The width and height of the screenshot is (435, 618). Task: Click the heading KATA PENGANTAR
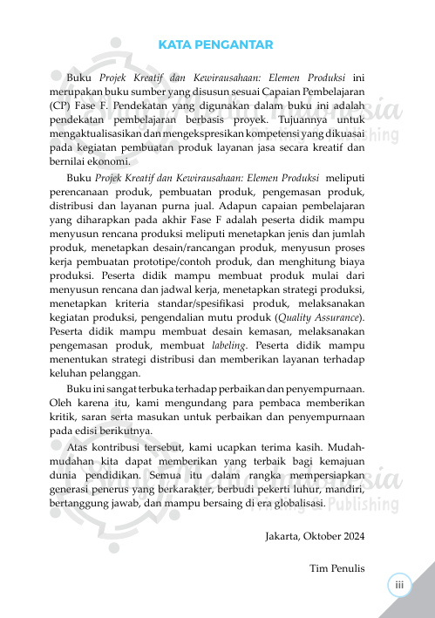(217, 45)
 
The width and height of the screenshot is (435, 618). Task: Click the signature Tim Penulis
(336, 569)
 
